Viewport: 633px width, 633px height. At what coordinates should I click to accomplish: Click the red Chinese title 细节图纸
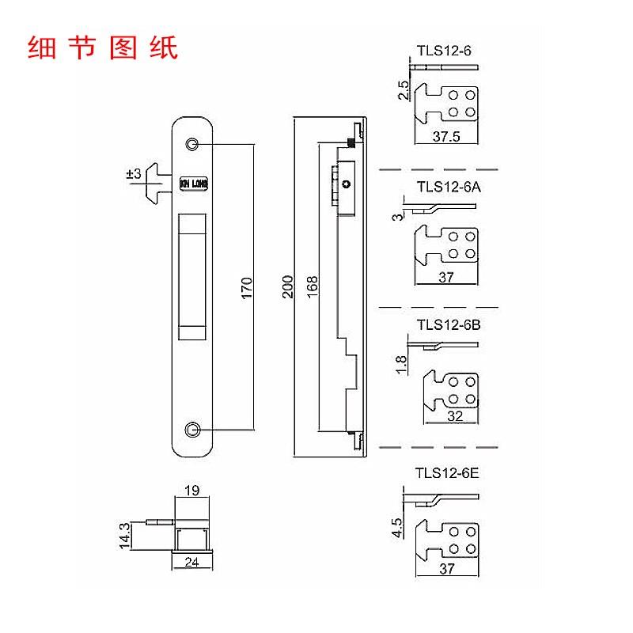(103, 47)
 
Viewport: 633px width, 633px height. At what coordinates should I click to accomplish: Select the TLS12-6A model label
(448, 188)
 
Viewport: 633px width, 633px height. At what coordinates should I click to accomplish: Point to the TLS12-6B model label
(448, 324)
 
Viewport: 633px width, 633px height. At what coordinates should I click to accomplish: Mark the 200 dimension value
(288, 286)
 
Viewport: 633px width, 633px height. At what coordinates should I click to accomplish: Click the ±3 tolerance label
(133, 174)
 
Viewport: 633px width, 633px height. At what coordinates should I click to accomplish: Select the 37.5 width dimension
(448, 136)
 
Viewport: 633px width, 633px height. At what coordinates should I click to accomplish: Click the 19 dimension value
(191, 491)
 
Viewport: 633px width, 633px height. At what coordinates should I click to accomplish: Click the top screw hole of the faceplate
(192, 144)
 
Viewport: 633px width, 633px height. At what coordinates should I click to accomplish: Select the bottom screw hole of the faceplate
(192, 429)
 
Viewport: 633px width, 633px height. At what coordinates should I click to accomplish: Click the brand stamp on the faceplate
(193, 183)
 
